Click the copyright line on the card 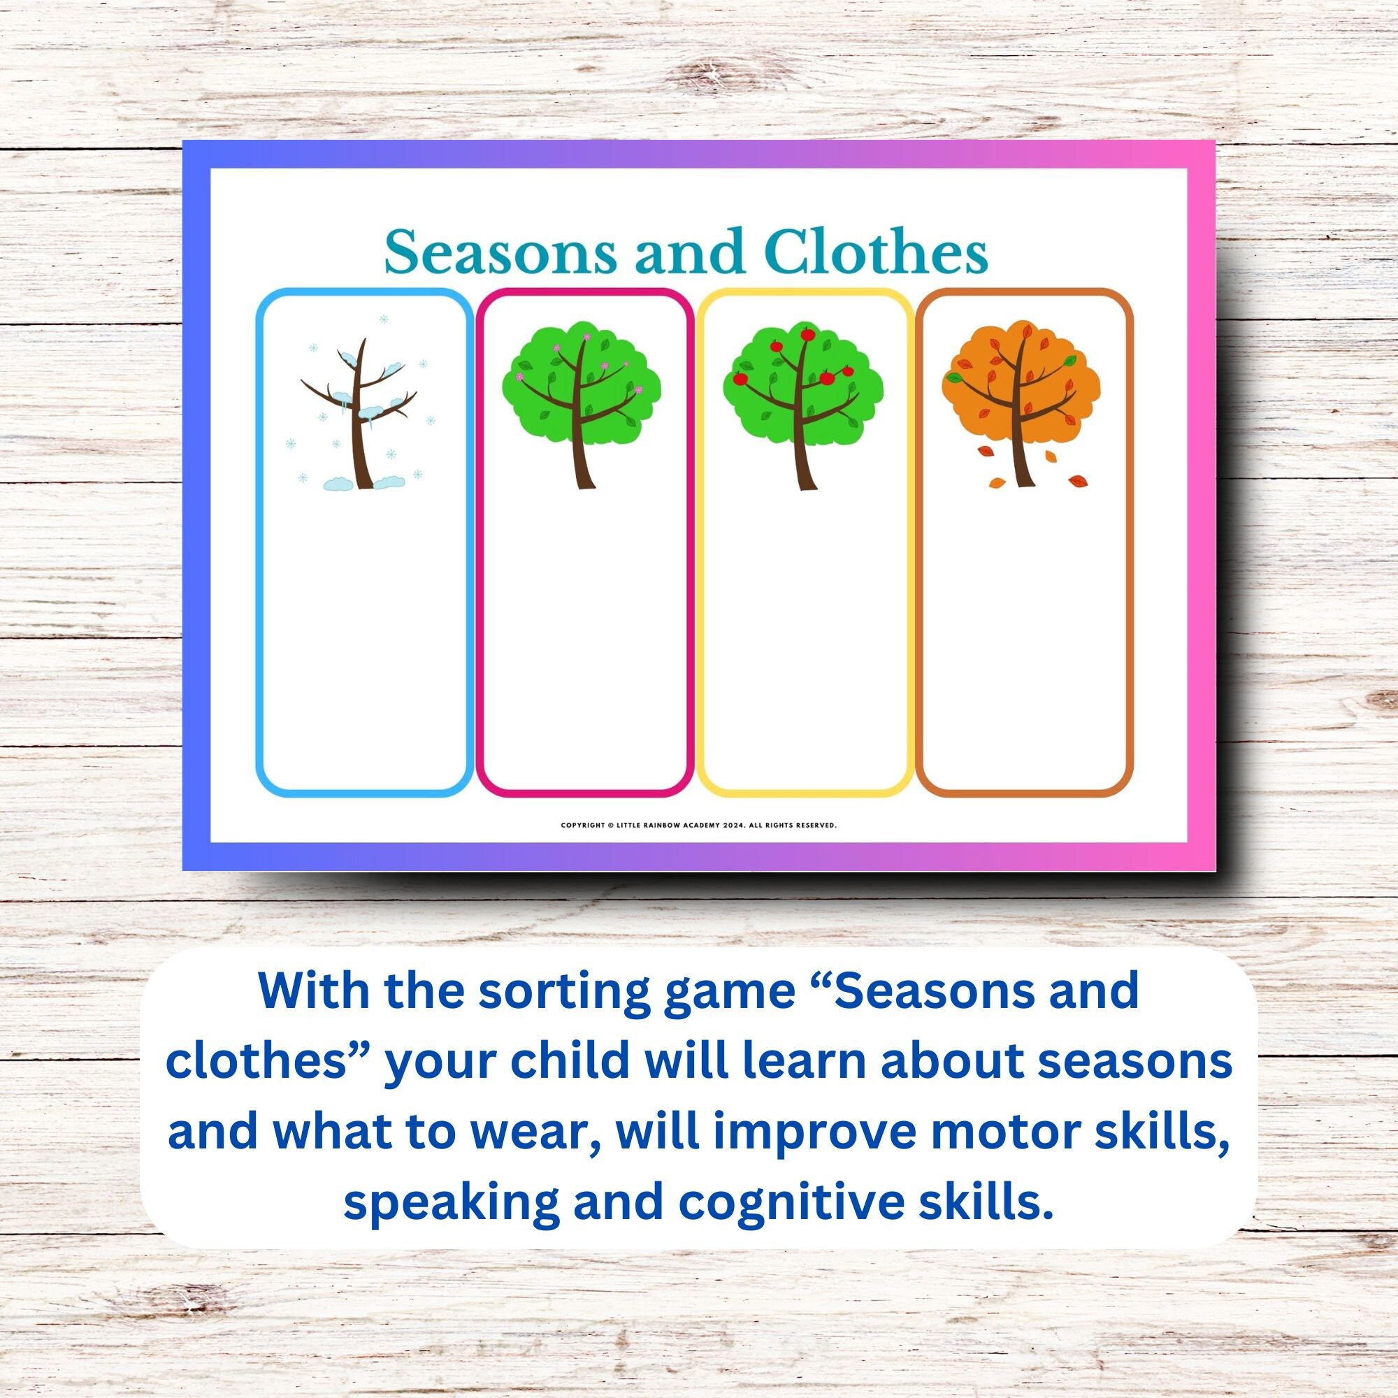698,825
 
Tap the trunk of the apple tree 802,463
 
